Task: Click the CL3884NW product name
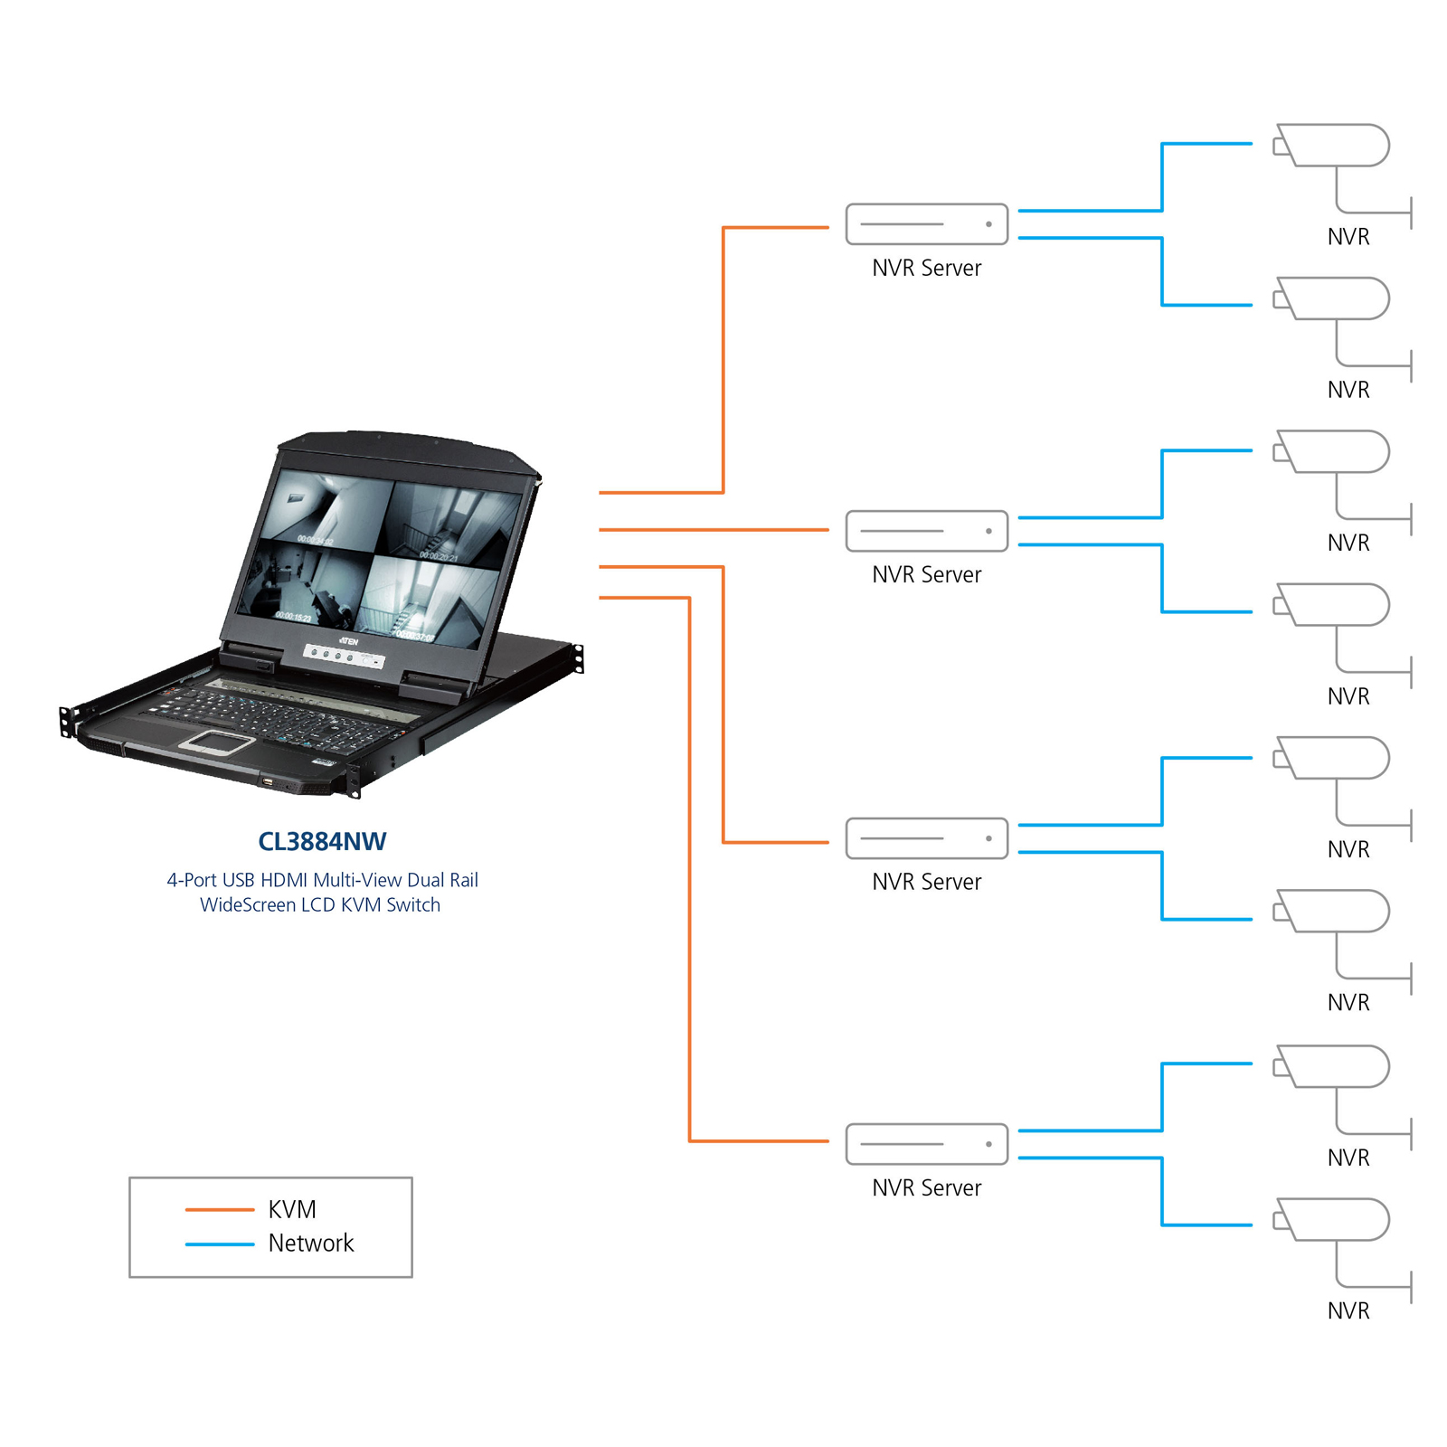click(x=322, y=841)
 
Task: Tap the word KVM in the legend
click(x=292, y=1209)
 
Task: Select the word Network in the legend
click(x=310, y=1243)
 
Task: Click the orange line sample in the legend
click(x=219, y=1209)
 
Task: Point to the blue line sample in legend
click(x=219, y=1244)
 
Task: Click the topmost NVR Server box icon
click(x=926, y=223)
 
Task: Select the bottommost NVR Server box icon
click(x=926, y=1144)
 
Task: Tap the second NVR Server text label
click(x=926, y=574)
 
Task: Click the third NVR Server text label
click(x=926, y=882)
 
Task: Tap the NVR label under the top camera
click(x=1348, y=237)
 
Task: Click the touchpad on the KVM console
click(x=217, y=742)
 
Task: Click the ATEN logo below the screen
click(x=349, y=641)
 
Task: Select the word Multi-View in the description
click(x=357, y=880)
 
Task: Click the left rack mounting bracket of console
click(x=66, y=721)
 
